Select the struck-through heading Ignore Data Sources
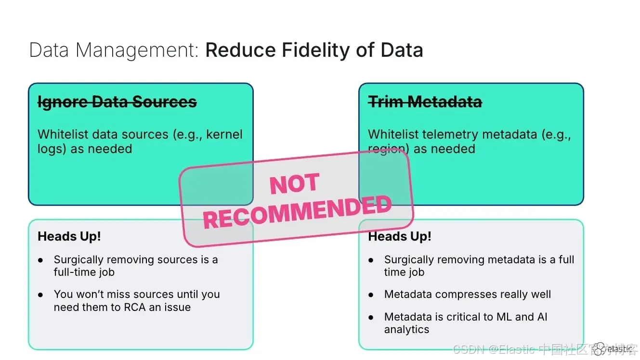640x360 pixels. tap(117, 102)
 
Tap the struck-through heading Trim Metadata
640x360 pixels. tap(425, 102)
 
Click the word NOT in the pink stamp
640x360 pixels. tap(294, 184)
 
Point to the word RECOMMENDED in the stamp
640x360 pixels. tap(297, 213)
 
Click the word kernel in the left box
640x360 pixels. tap(224, 134)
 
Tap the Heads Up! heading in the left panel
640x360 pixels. tap(69, 236)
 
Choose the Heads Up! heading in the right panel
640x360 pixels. tap(399, 236)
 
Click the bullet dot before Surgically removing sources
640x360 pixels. tap(40, 260)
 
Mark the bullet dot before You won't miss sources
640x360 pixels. tap(40, 295)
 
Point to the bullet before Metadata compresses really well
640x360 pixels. tap(371, 295)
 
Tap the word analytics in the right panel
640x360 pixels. tap(406, 330)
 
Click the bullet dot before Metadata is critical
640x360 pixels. tap(371, 317)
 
